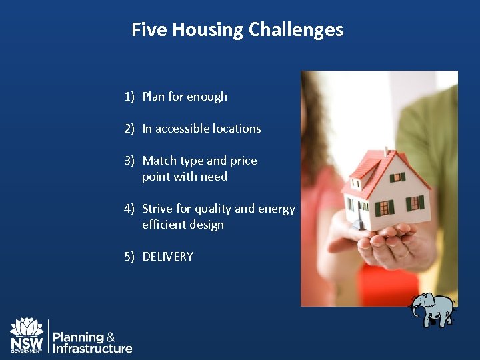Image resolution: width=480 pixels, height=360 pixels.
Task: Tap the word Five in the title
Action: click(150, 30)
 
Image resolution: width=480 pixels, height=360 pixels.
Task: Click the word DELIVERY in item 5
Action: click(167, 257)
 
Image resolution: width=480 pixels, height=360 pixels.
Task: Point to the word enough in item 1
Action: click(207, 97)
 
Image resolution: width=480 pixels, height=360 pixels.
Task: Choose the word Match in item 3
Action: click(159, 161)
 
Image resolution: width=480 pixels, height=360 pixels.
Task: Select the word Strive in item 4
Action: click(157, 209)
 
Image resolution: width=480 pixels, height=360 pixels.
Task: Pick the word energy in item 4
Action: click(277, 209)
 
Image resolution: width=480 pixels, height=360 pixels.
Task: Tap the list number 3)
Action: click(130, 161)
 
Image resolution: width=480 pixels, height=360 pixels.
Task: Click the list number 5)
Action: click(130, 257)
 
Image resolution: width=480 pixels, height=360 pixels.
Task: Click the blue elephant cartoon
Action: click(431, 309)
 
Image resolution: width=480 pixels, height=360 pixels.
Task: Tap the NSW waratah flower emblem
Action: click(27, 327)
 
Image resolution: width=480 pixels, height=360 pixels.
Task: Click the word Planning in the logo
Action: click(78, 337)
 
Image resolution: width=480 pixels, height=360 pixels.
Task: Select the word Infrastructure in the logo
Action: click(92, 349)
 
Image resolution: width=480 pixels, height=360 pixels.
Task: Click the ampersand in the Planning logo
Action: click(111, 337)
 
